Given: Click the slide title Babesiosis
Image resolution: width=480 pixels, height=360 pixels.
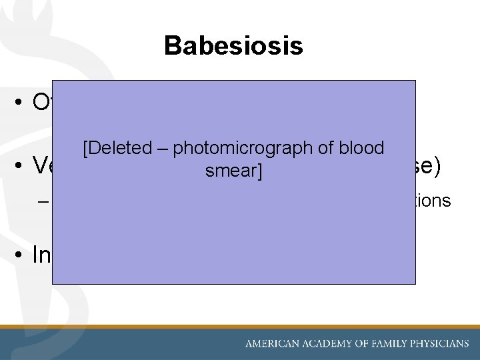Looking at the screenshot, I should (233, 46).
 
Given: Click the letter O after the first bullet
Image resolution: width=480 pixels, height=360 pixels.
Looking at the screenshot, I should (42, 102).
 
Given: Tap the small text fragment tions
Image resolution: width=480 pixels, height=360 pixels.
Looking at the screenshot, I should (434, 201).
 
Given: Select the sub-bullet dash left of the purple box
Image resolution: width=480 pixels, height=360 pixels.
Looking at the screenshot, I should (44, 201).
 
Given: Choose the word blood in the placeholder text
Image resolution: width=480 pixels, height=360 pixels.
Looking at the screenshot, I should (361, 149).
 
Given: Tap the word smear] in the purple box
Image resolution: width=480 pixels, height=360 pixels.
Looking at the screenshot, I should (233, 171).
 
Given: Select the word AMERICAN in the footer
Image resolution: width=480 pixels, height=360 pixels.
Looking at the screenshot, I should (273, 344).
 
